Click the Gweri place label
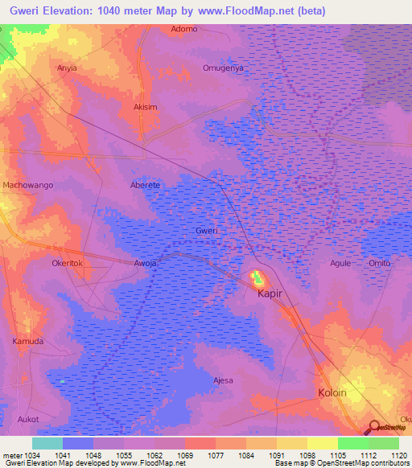click(207, 231)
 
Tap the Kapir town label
click(270, 294)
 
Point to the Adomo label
click(184, 29)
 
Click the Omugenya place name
click(223, 68)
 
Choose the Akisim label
click(145, 106)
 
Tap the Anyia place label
click(67, 68)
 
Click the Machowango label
click(28, 185)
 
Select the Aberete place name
click(146, 185)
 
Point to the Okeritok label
click(68, 263)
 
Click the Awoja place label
click(145, 263)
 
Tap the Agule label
click(341, 263)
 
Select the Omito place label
click(379, 263)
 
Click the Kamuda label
click(28, 341)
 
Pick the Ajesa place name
click(223, 380)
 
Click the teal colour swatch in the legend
click(47, 443)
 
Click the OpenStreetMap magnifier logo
click(373, 427)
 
